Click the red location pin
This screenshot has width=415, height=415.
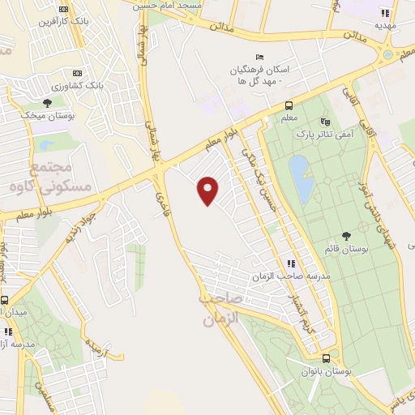(209, 190)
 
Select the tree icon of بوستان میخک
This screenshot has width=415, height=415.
(47, 103)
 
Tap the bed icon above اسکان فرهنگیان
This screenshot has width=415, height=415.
(259, 56)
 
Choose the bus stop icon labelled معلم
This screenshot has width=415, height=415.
(289, 105)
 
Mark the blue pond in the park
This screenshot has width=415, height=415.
(302, 179)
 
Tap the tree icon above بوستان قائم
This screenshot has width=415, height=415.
(346, 236)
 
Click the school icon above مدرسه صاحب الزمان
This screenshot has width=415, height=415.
(290, 263)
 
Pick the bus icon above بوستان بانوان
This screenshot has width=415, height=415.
(326, 358)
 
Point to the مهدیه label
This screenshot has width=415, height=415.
(383, 25)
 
